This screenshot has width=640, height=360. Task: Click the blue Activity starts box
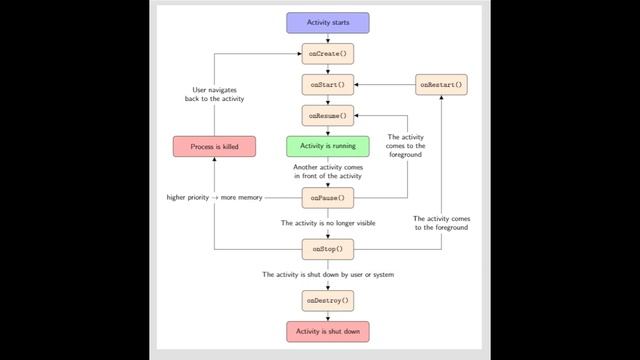pos(328,22)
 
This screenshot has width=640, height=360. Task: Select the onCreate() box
pos(328,54)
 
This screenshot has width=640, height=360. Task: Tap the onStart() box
pos(328,85)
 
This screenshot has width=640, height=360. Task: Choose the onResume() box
pos(328,116)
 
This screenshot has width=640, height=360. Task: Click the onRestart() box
pos(441,85)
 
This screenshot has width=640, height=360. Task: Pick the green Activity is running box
pos(328,147)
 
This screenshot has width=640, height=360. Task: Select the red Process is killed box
pos(215,147)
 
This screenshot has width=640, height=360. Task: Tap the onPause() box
pos(328,198)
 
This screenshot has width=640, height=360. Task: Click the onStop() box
pos(328,248)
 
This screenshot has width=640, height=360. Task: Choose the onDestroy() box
pos(328,300)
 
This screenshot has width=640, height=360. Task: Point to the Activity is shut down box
pos(328,331)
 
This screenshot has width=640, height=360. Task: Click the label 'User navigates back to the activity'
pos(215,94)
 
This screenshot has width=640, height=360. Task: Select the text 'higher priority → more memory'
pos(214,198)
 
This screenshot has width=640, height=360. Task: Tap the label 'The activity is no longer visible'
pos(328,223)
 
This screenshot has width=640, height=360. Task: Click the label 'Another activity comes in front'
pos(328,172)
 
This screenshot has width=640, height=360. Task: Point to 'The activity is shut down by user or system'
pos(328,274)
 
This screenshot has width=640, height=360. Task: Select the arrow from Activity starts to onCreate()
pos(328,38)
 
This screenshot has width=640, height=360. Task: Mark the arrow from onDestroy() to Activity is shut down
pos(328,316)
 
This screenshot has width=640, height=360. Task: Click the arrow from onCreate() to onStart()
pos(328,69)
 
